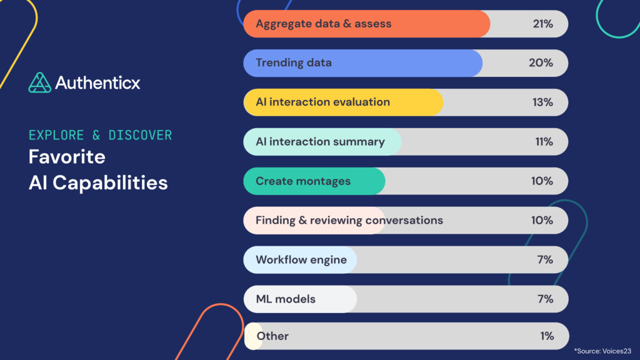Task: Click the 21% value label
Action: pyautogui.click(x=542, y=24)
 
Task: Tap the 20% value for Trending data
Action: pyautogui.click(x=541, y=62)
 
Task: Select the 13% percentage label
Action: pyautogui.click(x=542, y=102)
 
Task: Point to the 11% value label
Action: pyautogui.click(x=544, y=141)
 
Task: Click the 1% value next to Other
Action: pyautogui.click(x=547, y=336)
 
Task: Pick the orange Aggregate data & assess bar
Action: pyautogui.click(x=366, y=24)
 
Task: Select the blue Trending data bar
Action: pyautogui.click(x=362, y=62)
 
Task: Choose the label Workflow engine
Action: pyautogui.click(x=301, y=259)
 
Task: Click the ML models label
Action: pyautogui.click(x=286, y=299)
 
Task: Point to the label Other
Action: pyautogui.click(x=272, y=336)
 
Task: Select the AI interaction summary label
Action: pyautogui.click(x=320, y=141)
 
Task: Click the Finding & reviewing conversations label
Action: pyautogui.click(x=349, y=220)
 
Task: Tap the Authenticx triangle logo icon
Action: pyautogui.click(x=39, y=82)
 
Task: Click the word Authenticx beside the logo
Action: pyautogui.click(x=97, y=82)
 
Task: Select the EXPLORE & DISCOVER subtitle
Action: pyautogui.click(x=100, y=135)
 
